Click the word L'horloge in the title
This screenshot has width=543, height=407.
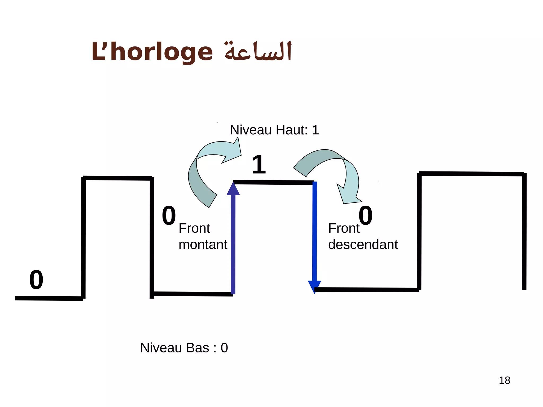point(152,52)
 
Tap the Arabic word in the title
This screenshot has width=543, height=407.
point(258,51)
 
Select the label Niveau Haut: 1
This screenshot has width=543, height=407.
point(274,130)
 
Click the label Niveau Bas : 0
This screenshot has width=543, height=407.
point(184,348)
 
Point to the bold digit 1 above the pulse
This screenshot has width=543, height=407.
point(259,165)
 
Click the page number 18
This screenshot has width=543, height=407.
point(504,380)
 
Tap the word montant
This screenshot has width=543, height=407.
point(203,244)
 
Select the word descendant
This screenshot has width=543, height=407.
point(363,244)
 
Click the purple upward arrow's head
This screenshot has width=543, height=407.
point(233,189)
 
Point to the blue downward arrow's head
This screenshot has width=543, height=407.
point(314,286)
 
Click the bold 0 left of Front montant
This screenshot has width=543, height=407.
point(169,216)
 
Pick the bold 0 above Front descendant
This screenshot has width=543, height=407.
point(365,216)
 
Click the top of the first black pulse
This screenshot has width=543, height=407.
point(117,178)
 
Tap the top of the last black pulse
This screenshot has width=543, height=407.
point(471,174)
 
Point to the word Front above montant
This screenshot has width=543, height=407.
point(194,228)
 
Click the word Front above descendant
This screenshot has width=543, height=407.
point(344,228)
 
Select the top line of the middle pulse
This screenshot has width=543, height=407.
point(273,182)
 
